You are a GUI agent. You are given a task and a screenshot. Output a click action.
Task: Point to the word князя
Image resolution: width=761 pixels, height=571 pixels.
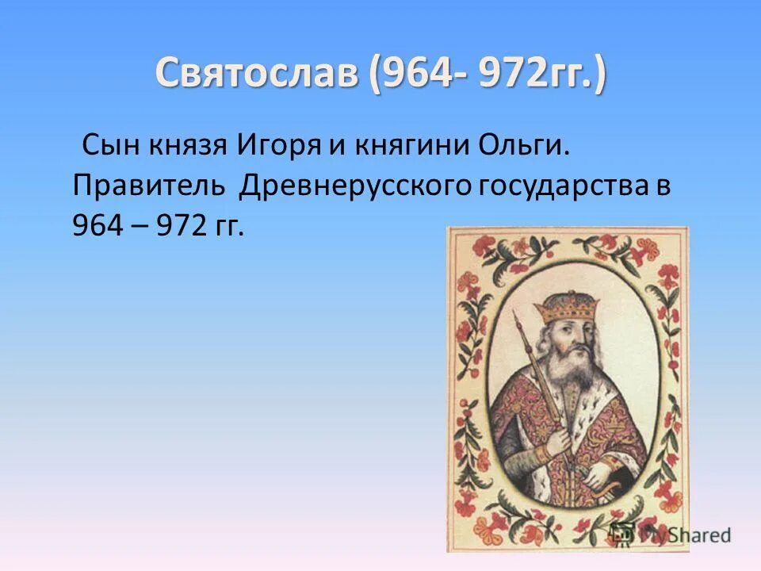182,147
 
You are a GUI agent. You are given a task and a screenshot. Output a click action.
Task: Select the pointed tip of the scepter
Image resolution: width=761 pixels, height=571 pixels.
516,316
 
